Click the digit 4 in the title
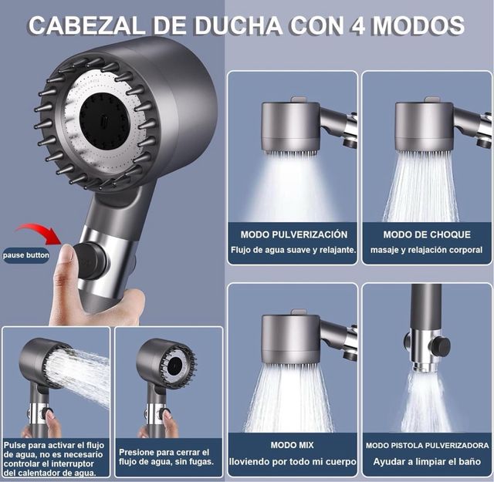[357, 25]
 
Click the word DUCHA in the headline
[239, 25]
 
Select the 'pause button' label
[25, 255]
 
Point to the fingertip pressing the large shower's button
[67, 254]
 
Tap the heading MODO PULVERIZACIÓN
[294, 234]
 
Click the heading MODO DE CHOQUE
[427, 234]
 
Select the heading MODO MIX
[293, 445]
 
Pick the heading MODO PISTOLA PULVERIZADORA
[427, 446]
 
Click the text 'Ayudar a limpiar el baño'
[427, 462]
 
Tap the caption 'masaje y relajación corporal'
[426, 250]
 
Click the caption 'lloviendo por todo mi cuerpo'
[293, 462]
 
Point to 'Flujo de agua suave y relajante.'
[293, 250]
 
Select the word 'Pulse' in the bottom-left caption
[15, 445]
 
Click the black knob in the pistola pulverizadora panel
[441, 345]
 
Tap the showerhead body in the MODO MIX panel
[291, 339]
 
